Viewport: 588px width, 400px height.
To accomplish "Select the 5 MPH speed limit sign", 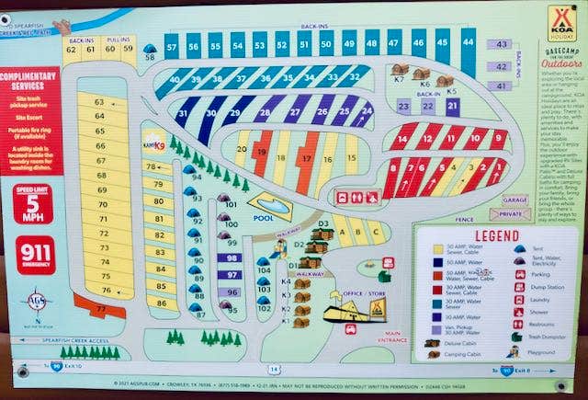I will point(33,204).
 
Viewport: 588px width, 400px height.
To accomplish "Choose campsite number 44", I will point(469,41).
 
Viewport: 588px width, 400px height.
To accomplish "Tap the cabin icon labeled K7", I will point(400,72).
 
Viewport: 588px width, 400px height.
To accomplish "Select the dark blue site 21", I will point(451,105).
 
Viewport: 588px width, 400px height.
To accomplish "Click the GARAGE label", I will point(514,200).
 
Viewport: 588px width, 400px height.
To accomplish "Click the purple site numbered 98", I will point(232,258).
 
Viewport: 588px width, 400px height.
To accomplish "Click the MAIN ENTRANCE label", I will point(394,337).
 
